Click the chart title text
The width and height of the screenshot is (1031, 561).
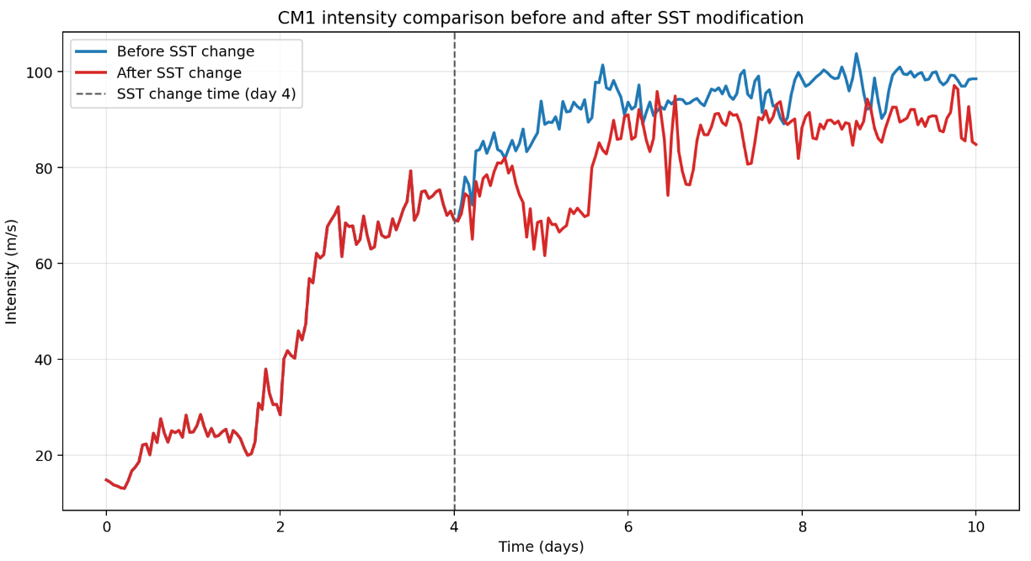click(540, 18)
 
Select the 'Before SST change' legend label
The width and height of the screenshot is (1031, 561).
click(185, 51)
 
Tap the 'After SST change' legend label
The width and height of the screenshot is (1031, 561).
click(179, 73)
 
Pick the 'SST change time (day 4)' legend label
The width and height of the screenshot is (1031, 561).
click(206, 94)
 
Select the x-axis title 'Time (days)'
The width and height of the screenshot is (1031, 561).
click(541, 547)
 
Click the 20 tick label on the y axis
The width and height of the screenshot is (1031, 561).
click(44, 456)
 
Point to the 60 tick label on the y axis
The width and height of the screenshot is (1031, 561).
click(44, 264)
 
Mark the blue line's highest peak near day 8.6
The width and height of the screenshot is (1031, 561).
click(857, 54)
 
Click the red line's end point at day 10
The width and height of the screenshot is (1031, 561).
click(975, 145)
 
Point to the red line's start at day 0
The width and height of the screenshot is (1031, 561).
click(106, 479)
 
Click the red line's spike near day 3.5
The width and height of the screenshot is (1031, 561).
click(410, 171)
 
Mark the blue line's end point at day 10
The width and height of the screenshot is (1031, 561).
click(975, 79)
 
